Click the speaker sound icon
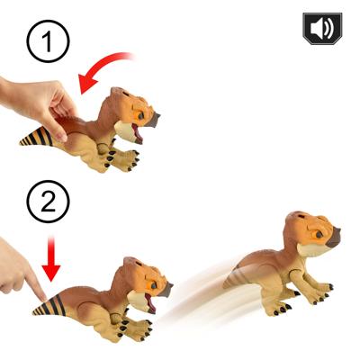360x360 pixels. pyautogui.click(x=321, y=29)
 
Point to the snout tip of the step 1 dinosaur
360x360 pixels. pyautogui.click(x=154, y=119)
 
